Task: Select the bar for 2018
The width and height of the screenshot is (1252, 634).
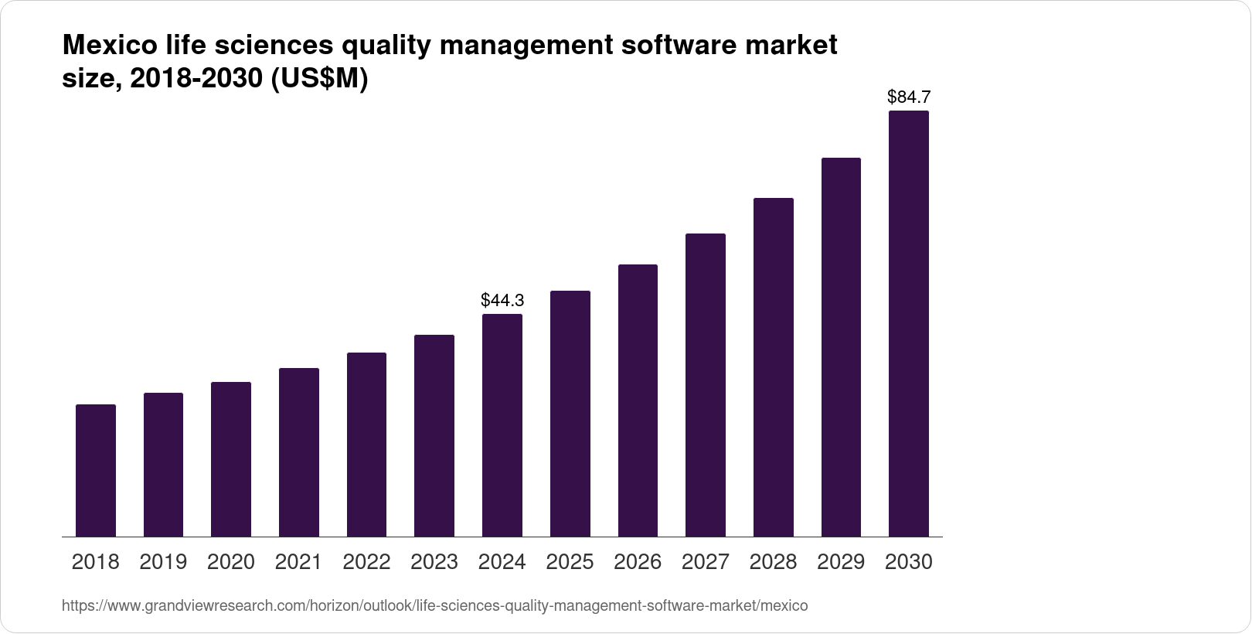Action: coord(96,470)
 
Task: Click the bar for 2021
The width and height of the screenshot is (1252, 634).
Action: coord(299,452)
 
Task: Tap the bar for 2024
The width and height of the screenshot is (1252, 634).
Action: coord(502,425)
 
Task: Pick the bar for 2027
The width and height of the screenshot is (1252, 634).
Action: coord(706,385)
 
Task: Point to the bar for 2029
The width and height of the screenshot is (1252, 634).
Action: coord(841,347)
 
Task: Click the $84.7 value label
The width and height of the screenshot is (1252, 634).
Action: coord(909,97)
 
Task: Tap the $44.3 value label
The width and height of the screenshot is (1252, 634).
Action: coord(502,300)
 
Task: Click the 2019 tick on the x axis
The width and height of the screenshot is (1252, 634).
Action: coord(163,562)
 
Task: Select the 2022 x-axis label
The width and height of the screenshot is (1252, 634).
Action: coord(366,562)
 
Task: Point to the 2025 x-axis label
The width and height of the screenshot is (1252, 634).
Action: coord(570,562)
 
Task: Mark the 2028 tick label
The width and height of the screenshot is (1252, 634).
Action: coord(774,562)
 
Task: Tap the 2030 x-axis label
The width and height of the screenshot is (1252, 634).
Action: coord(909,562)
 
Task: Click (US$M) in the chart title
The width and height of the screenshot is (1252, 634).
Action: coord(318,79)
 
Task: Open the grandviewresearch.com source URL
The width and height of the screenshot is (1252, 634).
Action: coord(434,606)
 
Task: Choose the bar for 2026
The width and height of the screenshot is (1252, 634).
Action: coord(638,401)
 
